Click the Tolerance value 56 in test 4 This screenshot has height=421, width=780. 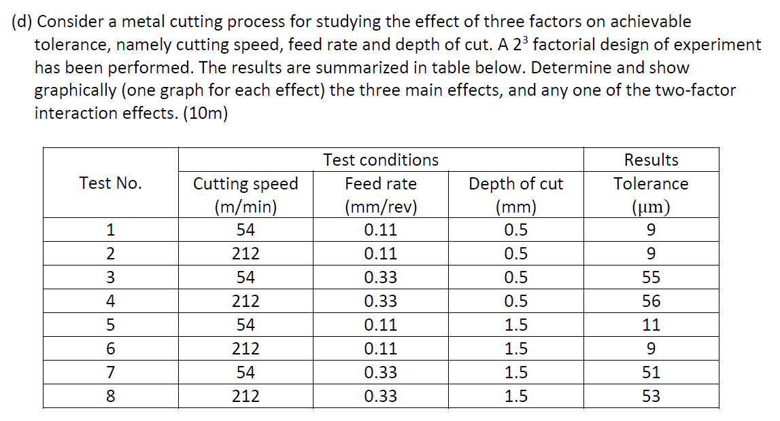coord(651,301)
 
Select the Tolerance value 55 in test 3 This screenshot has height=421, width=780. coord(651,277)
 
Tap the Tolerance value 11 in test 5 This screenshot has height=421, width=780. coord(651,325)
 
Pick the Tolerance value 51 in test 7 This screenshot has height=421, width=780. coord(651,372)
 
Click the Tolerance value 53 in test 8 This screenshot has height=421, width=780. coord(651,396)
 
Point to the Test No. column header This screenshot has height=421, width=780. coord(110,183)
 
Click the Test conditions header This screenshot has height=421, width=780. coord(380,160)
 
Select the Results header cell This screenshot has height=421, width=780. coord(651,160)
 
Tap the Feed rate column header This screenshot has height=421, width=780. coord(380,183)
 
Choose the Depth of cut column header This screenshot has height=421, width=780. coord(515,183)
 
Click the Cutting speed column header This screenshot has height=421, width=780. coord(245,183)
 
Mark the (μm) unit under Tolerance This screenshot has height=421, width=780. coord(651,207)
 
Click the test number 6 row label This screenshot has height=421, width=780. coord(110,348)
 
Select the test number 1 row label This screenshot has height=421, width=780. coord(110,230)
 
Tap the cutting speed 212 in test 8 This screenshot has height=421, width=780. coord(245,396)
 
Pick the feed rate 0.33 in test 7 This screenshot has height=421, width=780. coord(380,372)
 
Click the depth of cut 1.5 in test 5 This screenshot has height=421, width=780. coord(515,325)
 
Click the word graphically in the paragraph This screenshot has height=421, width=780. coord(77,90)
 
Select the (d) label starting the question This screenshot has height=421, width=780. coord(22,22)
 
